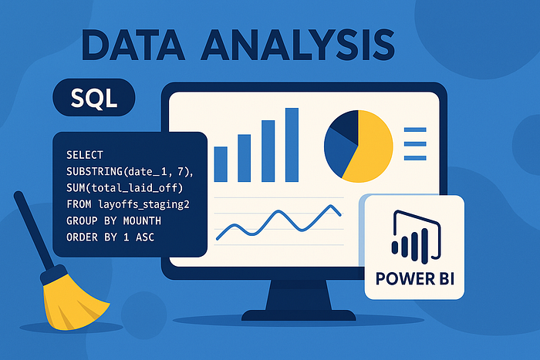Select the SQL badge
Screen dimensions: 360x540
[93, 99]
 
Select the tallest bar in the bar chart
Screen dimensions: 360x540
[292, 143]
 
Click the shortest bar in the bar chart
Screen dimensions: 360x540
[221, 163]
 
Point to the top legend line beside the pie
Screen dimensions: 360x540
[415, 130]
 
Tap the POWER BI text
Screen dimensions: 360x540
[415, 278]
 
